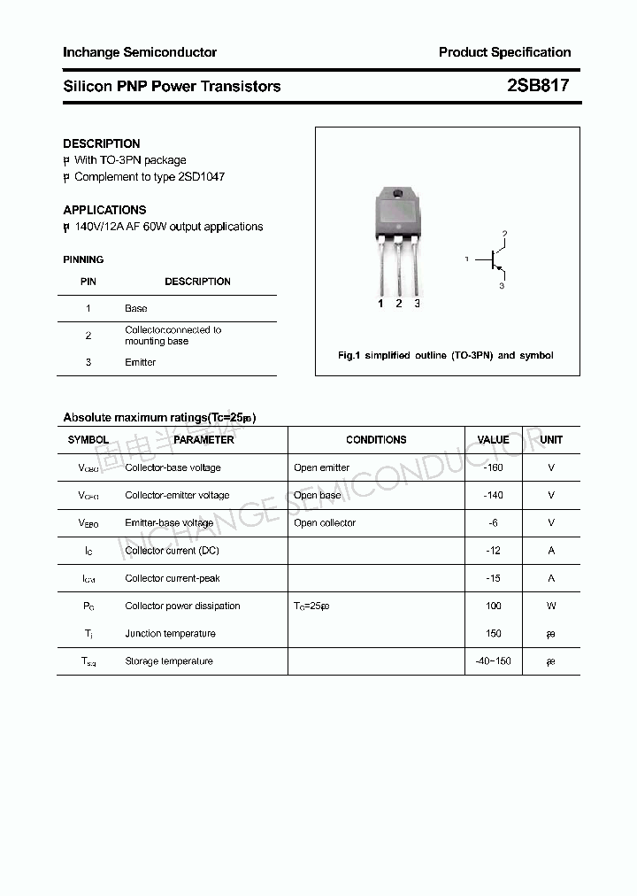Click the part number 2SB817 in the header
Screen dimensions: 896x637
(x=538, y=86)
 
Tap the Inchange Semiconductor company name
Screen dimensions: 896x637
(x=140, y=52)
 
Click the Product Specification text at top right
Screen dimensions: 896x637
(x=504, y=52)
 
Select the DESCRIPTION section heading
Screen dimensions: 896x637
(x=102, y=143)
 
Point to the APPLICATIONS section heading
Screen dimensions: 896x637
(x=104, y=210)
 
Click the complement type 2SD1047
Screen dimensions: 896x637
(x=202, y=176)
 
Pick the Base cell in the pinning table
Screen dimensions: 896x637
(x=136, y=309)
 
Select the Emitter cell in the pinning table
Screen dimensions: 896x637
(x=141, y=362)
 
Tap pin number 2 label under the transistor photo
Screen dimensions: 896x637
(x=399, y=304)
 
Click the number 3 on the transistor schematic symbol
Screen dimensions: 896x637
(x=502, y=287)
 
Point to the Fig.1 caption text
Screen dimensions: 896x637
(x=446, y=355)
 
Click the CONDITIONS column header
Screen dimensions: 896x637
(x=376, y=440)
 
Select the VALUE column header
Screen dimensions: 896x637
(x=493, y=440)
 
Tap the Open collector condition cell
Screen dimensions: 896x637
(x=325, y=523)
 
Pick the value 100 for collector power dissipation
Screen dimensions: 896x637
(x=493, y=606)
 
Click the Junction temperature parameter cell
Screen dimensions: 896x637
(x=170, y=634)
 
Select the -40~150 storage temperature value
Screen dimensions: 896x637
(x=493, y=661)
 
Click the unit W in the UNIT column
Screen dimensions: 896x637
(x=551, y=606)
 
